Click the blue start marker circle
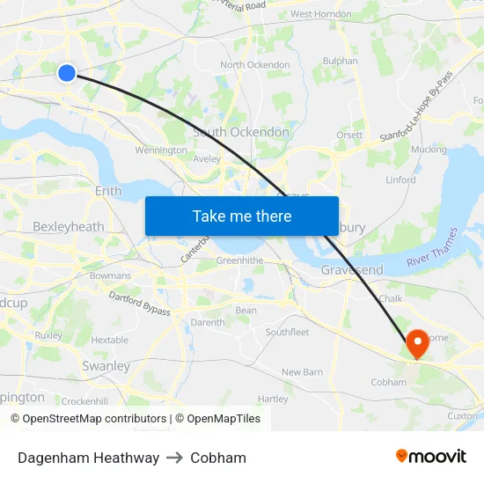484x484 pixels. (67, 73)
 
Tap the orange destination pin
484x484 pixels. (416, 343)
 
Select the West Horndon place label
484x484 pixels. (320, 14)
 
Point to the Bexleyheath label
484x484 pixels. (68, 226)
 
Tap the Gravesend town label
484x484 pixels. (352, 268)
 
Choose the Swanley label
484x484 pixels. (106, 365)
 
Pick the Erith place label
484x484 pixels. (108, 190)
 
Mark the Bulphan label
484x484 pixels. (341, 62)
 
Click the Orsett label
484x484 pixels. (349, 135)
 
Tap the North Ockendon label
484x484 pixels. (255, 65)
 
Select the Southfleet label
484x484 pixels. (288, 332)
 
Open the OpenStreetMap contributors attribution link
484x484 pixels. (94, 419)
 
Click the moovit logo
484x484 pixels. (431, 457)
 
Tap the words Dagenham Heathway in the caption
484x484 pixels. (88, 458)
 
